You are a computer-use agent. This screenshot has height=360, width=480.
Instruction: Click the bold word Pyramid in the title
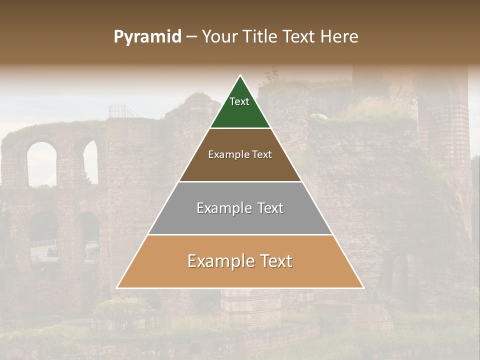click(147, 37)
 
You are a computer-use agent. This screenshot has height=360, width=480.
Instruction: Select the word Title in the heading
click(262, 37)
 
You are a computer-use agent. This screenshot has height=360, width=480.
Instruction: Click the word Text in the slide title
click(299, 37)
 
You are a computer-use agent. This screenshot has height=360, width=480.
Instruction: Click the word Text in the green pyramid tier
click(239, 101)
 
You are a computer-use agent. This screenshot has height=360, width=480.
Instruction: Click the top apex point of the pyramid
click(240, 75)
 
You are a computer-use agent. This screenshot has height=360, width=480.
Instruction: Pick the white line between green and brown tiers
click(240, 128)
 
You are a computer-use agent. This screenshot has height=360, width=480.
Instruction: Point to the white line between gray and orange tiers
click(240, 235)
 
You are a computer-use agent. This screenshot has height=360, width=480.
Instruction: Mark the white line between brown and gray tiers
click(240, 181)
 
